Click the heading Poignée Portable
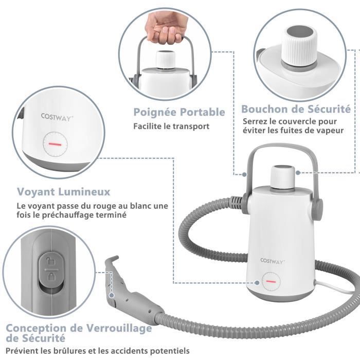point(179,112)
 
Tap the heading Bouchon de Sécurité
point(296,109)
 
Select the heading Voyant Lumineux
point(64,192)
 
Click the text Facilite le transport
point(171,127)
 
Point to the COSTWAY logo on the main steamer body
point(273,261)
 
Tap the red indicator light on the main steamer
point(271,281)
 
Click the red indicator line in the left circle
point(55,144)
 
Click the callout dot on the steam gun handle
point(112,295)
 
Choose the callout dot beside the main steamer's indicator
point(257,282)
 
